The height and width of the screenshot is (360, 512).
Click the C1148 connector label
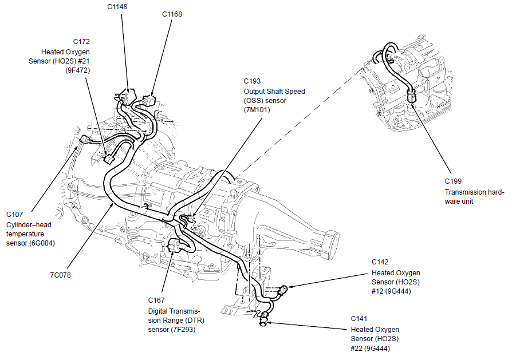click(117, 7)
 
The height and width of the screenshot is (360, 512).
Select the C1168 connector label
click(172, 14)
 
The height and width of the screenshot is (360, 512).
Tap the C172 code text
click(81, 42)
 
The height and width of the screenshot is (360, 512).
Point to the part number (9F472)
click(77, 70)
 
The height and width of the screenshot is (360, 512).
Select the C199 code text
click(455, 183)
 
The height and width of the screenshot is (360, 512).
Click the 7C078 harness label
click(61, 275)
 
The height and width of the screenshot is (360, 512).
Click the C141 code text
click(360, 319)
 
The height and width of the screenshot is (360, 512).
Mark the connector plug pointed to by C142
click(284, 289)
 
